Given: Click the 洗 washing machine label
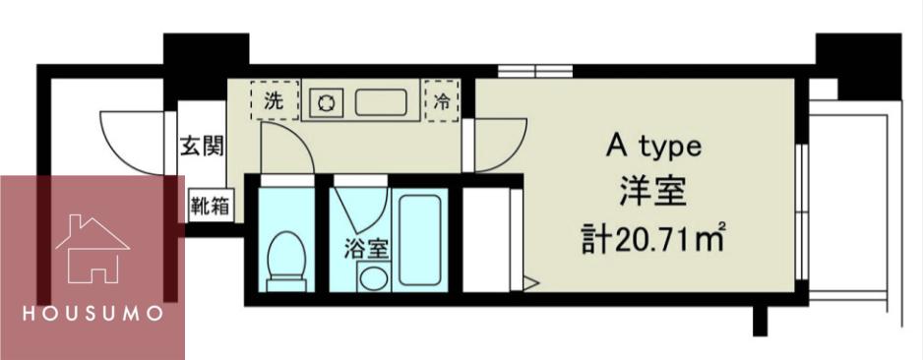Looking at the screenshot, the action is point(274,101).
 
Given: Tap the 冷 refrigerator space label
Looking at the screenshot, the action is point(441,101).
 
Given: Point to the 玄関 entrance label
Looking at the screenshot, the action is point(202,146).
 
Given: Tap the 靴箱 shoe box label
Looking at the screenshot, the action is point(210,206).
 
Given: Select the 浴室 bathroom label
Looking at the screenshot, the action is point(366,249).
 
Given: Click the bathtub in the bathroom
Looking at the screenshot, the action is point(420,239).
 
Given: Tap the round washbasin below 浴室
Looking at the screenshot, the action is point(373,277).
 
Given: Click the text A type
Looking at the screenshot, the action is point(653,149).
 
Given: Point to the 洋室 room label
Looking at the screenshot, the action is point(652,194).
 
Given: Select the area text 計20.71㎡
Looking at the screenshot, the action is point(652,239).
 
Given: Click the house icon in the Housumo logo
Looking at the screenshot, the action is point(92,249).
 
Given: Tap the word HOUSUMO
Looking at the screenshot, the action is point(92,314).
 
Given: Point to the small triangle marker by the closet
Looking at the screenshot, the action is point(530,283).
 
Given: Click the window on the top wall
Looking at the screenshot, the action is point(535,71).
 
